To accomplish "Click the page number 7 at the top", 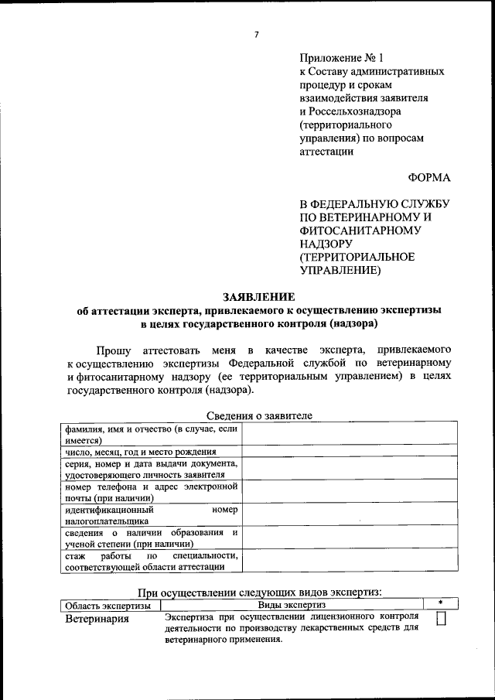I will [256, 34].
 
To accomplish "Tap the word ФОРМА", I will [428, 177].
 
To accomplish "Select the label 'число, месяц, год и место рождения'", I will [140, 451].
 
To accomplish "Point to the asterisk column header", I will [440, 603].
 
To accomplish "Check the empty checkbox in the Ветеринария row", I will [442, 620].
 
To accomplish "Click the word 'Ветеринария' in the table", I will [97, 619].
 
